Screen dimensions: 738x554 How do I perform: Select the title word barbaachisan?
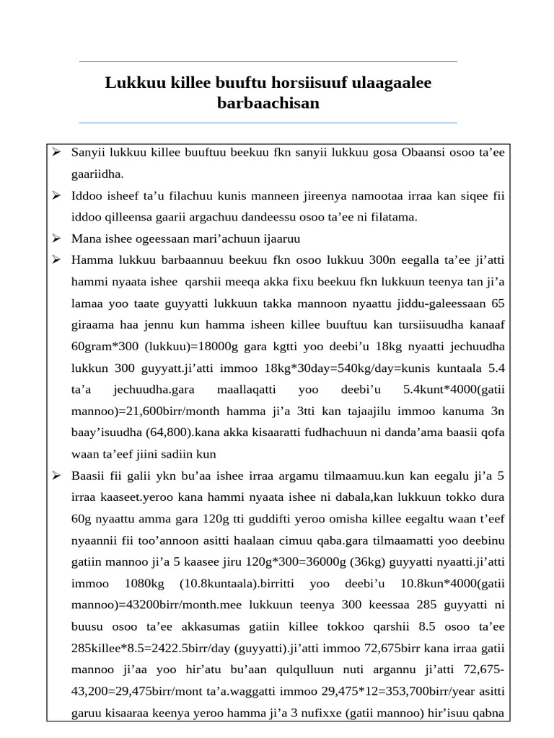point(268,104)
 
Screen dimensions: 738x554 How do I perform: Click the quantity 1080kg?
point(144,584)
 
